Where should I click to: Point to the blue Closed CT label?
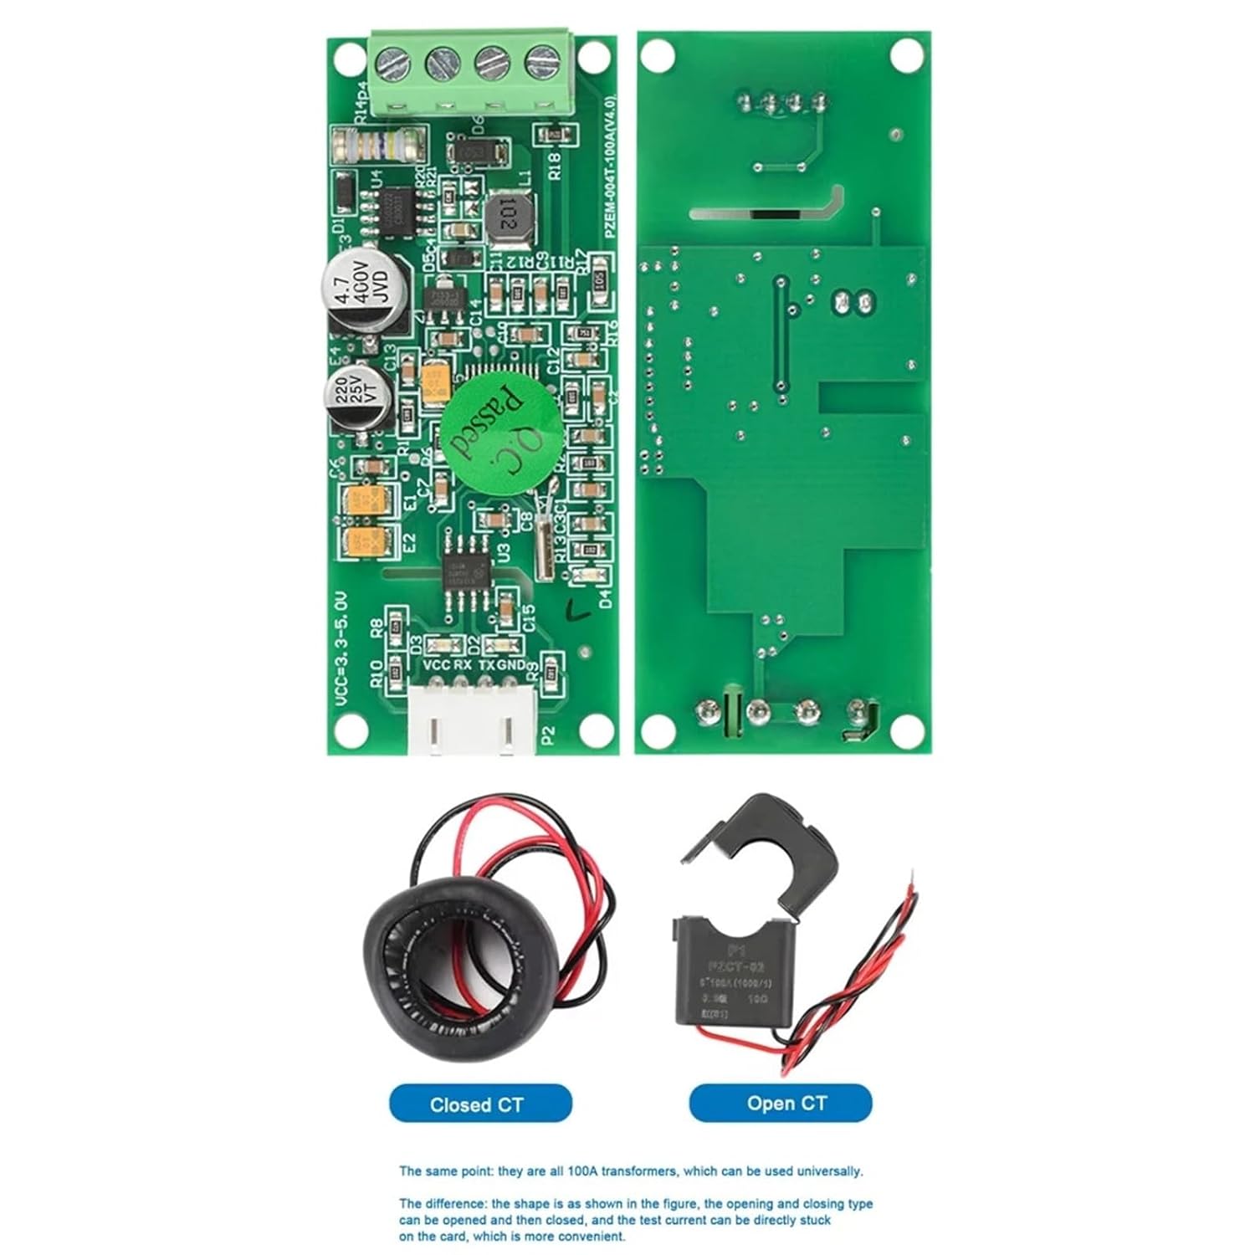[480, 1104]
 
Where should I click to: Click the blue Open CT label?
[780, 1104]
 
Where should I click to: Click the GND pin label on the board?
[512, 665]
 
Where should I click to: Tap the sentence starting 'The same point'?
[630, 1171]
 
